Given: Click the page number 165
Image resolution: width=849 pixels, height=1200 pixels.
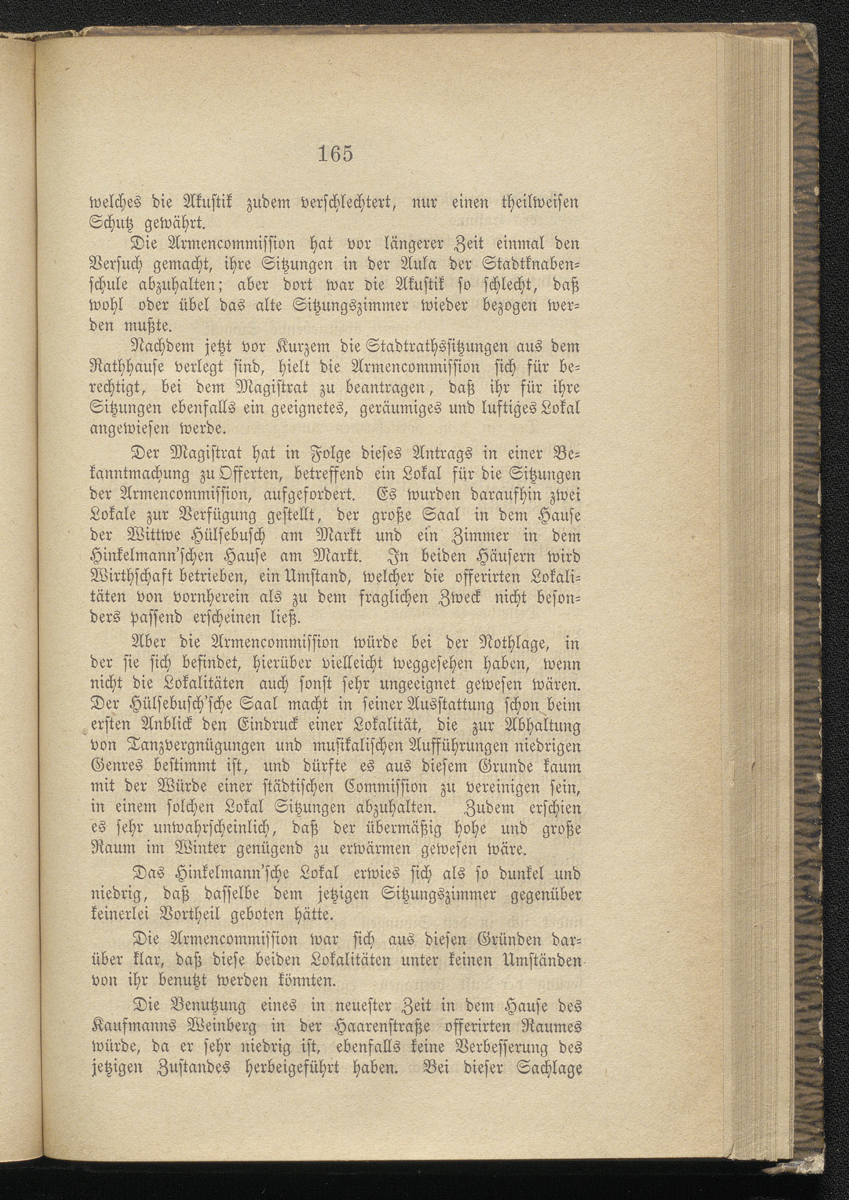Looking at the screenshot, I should pos(335,154).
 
